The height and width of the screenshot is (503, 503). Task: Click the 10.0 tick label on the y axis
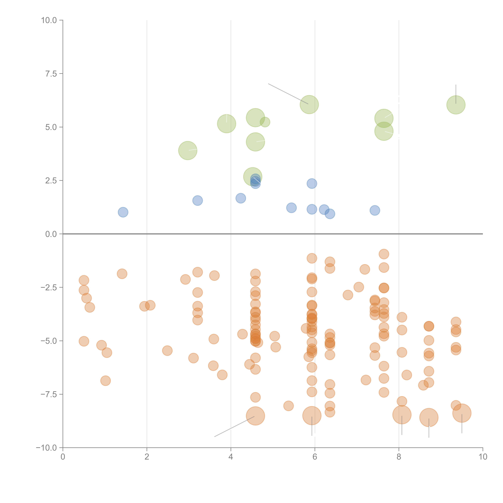click(49, 20)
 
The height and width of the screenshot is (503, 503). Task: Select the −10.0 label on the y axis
click(46, 448)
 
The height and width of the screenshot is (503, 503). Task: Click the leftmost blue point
click(123, 212)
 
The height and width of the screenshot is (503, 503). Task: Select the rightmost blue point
click(375, 210)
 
